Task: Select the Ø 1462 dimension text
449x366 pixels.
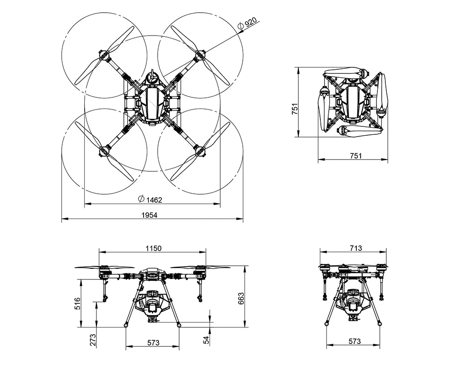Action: click(x=150, y=200)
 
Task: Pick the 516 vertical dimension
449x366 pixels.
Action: click(x=78, y=303)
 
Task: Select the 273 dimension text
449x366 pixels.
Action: click(x=93, y=339)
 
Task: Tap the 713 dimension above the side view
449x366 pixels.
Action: click(x=355, y=249)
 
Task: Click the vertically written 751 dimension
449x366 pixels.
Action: click(x=295, y=109)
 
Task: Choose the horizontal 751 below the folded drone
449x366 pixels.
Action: click(x=355, y=156)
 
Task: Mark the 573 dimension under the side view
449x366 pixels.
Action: click(x=355, y=342)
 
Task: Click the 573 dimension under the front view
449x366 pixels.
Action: click(x=153, y=343)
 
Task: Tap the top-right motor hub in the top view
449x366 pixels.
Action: click(x=200, y=55)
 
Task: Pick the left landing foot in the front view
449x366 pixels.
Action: click(x=125, y=325)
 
